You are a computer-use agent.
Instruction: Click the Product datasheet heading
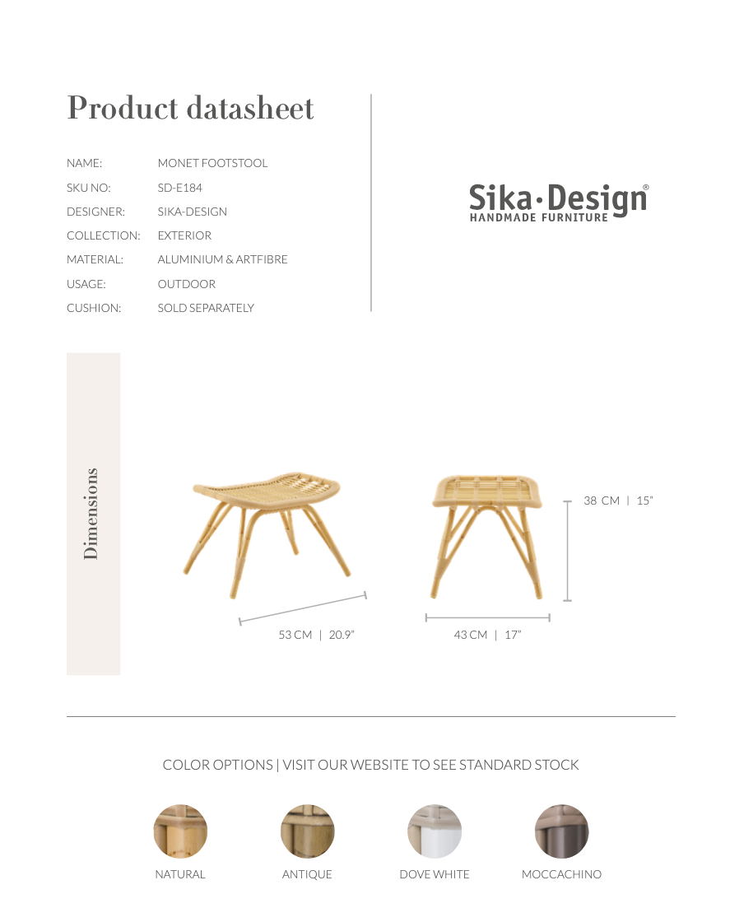tap(190, 109)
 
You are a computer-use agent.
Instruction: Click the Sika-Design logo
tap(559, 203)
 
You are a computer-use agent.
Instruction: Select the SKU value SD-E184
tap(179, 188)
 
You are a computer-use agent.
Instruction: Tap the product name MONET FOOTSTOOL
tap(212, 164)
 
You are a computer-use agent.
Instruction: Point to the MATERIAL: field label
tap(95, 260)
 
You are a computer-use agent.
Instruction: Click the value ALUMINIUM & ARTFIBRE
tap(222, 260)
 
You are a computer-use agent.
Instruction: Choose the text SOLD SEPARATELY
tap(206, 308)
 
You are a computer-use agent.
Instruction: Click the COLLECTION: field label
tap(103, 235)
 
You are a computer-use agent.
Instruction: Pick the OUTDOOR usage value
tap(186, 284)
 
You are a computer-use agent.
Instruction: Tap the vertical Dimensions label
tap(91, 514)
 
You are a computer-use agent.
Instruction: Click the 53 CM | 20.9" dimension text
tap(316, 635)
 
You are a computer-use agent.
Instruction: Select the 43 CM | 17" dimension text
tap(487, 635)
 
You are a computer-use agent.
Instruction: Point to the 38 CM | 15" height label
tap(617, 501)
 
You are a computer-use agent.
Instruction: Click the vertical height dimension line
tap(568, 550)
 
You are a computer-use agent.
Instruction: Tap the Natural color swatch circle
tap(180, 831)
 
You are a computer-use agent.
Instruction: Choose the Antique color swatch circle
tap(307, 831)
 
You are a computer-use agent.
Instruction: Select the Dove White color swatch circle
tap(435, 831)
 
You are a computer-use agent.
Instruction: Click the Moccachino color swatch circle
tap(561, 831)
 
